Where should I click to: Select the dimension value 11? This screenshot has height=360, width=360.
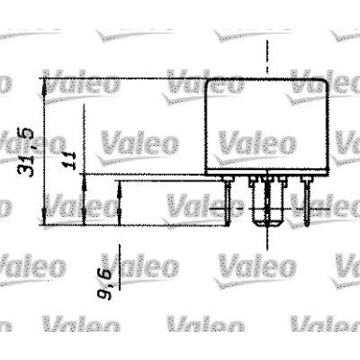68,158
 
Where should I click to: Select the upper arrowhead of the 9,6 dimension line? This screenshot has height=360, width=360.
121,183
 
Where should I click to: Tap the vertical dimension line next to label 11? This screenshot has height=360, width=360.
83,196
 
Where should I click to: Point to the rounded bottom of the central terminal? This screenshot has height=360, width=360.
269,226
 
